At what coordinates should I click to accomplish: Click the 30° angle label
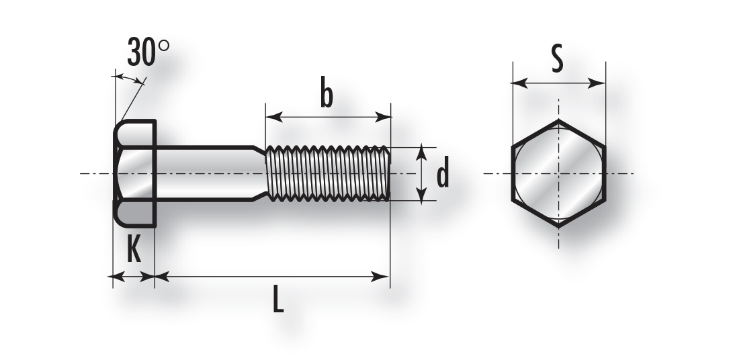148,52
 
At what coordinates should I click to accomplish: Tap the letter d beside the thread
442,173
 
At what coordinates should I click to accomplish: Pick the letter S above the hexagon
557,58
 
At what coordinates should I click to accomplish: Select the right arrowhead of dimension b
383,117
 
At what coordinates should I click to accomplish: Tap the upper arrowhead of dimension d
421,152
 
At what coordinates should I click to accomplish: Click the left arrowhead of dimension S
519,83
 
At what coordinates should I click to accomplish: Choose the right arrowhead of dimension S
597,83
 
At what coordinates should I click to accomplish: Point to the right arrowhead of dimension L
380,277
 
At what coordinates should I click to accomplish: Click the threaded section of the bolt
327,173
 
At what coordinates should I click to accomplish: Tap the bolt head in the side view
135,173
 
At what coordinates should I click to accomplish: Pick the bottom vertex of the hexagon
558,227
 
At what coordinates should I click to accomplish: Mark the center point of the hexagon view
558,173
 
